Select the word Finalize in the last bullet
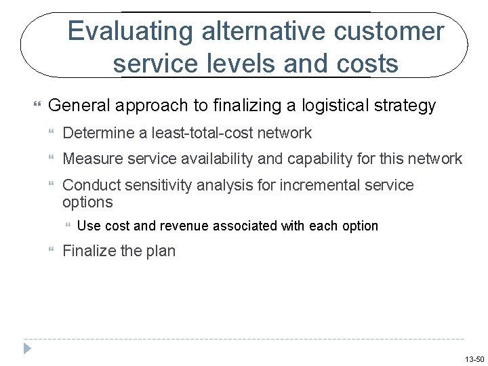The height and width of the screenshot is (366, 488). [x=88, y=251]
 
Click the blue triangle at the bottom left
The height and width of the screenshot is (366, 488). [x=28, y=348]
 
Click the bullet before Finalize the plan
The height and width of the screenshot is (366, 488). [x=54, y=251]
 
